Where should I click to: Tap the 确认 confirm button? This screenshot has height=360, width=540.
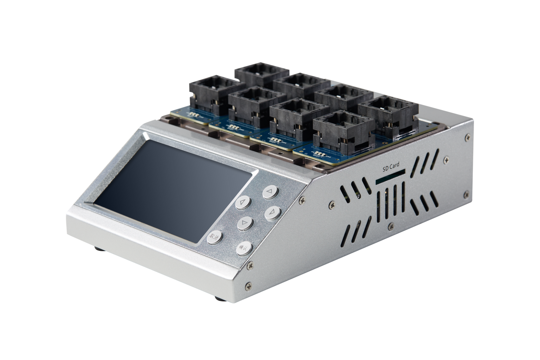click(244, 247)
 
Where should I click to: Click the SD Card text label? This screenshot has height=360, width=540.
click(391, 165)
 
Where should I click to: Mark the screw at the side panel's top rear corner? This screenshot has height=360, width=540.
click(466, 137)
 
